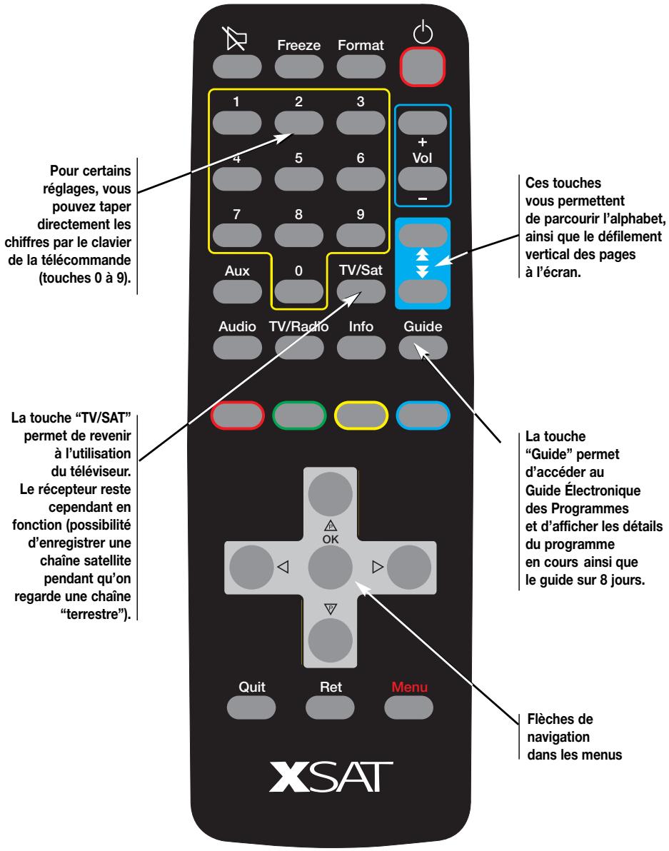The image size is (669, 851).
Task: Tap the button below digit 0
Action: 299,290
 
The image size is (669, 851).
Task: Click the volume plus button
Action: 423,123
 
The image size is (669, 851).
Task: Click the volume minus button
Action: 423,178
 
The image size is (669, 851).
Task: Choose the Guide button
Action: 423,347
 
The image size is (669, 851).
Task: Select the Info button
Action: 361,347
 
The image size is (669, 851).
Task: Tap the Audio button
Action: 236,347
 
